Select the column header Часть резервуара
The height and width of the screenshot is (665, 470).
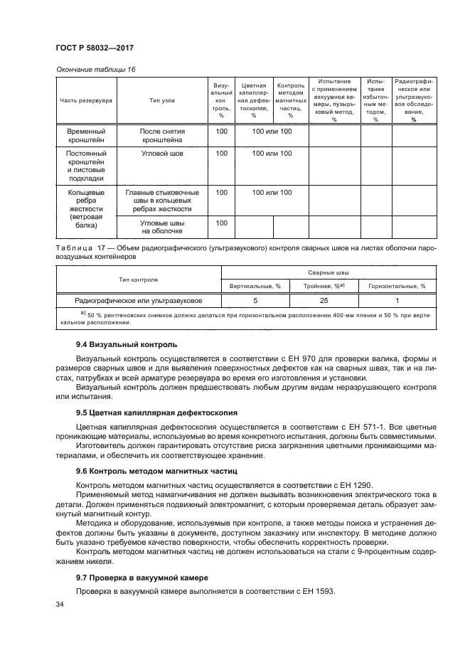[86, 101]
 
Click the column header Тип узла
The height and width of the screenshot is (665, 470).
[162, 101]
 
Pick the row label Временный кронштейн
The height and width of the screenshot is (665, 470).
[86, 137]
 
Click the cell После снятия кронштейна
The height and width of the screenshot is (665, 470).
[162, 137]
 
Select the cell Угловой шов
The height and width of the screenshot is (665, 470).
[162, 154]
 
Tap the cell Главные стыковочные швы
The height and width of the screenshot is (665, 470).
[162, 201]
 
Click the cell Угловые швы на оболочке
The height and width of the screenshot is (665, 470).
[162, 227]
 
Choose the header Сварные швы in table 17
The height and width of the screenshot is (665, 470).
[328, 272]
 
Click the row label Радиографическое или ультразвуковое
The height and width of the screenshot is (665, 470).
[139, 300]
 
